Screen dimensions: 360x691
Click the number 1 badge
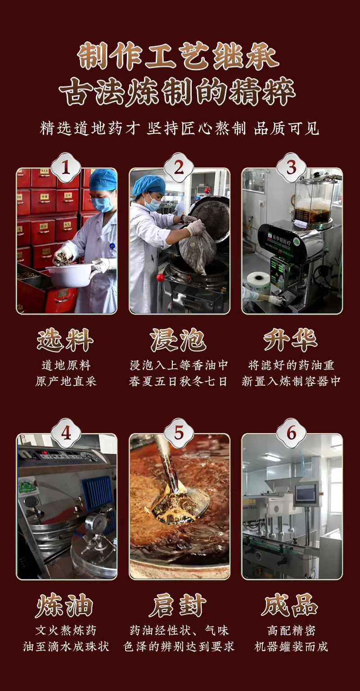click(x=66, y=168)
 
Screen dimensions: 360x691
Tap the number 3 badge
click(x=291, y=168)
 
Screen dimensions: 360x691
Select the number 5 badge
click(x=179, y=433)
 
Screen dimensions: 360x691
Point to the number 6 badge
click(x=291, y=433)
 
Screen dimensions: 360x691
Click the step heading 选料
click(x=65, y=340)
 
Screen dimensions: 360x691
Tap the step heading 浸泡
click(x=178, y=340)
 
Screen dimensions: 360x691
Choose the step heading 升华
click(x=291, y=340)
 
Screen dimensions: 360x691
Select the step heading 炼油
click(x=65, y=605)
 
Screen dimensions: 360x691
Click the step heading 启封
click(x=178, y=605)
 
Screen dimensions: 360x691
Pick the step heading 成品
click(x=290, y=605)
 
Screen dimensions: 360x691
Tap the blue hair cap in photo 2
click(x=149, y=185)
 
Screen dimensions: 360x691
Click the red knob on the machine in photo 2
click(x=160, y=277)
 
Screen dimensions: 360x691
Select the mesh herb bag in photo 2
click(x=194, y=247)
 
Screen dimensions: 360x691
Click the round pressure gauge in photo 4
click(x=94, y=523)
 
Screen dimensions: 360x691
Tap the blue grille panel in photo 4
click(x=97, y=492)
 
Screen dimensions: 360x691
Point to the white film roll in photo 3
click(x=258, y=282)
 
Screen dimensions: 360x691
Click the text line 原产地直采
click(x=66, y=382)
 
